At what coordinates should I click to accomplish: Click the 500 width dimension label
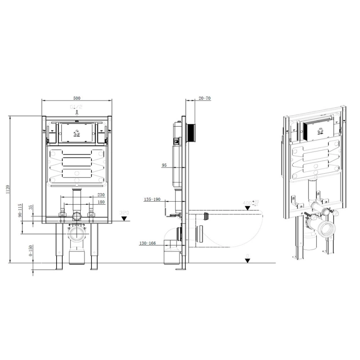(x=76, y=98)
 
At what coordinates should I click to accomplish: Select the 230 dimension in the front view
(x=101, y=195)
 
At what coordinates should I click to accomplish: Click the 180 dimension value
(x=101, y=202)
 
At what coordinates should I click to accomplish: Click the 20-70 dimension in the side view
(x=205, y=98)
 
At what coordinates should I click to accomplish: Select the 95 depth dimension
(x=164, y=165)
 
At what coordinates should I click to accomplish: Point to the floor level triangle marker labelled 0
(x=247, y=261)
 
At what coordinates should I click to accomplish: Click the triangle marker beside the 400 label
(x=247, y=208)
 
